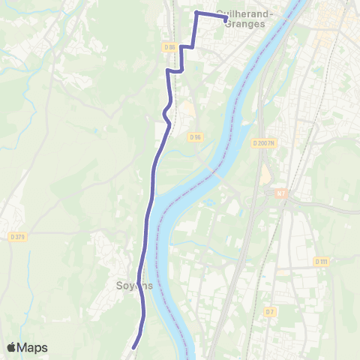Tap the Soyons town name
coord(135,286)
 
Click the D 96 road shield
coord(196,136)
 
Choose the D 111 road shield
coord(321,261)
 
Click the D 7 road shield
coord(270,310)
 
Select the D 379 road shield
coord(18,238)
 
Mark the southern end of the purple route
coord(133,347)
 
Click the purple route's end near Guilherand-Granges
coord(226,19)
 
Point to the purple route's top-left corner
coord(196,13)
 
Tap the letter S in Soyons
coord(120,286)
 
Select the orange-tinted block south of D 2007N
coord(265,174)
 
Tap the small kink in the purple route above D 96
coord(166,114)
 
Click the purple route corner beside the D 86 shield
coord(180,47)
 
